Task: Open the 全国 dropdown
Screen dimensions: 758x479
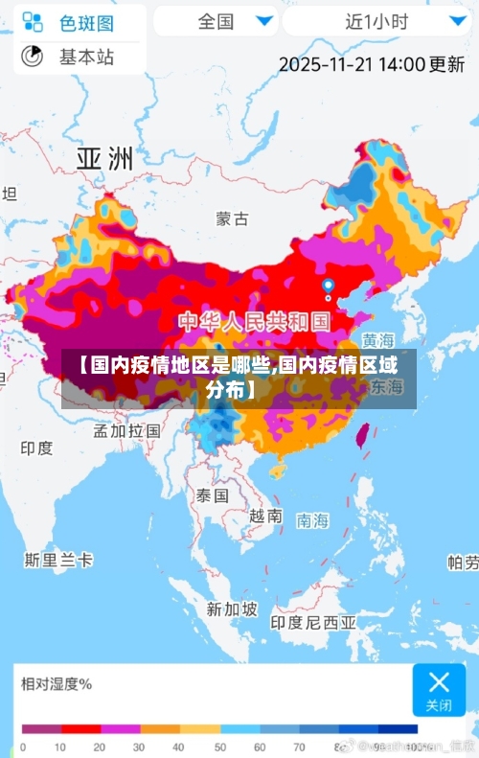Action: coord(216,20)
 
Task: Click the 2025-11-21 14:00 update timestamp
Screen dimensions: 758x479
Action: coord(372,64)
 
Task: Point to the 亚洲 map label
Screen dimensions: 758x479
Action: coord(104,158)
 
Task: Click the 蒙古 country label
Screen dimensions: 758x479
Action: coord(232,218)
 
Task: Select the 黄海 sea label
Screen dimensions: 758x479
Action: coord(377,340)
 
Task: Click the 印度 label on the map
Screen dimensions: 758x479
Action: coord(37,448)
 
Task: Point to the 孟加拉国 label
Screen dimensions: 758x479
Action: coord(126,430)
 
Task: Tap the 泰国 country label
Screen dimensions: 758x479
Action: coord(212,495)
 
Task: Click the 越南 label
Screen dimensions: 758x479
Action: coord(265,516)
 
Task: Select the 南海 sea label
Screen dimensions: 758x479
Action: coord(312,520)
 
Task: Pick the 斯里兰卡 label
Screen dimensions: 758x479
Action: coord(58,559)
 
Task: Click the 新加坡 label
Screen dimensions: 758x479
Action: coord(232,609)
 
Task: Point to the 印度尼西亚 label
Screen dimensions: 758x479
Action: coord(313,622)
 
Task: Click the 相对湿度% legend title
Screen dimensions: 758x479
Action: coord(57,683)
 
